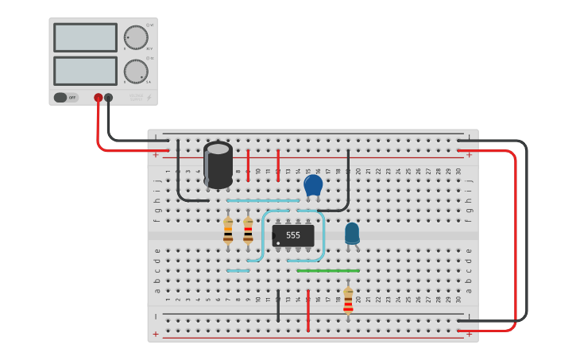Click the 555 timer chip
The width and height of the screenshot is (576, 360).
[x=293, y=235]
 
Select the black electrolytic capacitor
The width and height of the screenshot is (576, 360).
[x=218, y=164]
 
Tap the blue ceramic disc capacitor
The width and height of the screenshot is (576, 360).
[x=313, y=186]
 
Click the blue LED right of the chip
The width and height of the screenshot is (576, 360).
[x=352, y=233]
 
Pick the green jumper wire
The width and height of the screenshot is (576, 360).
[x=327, y=270]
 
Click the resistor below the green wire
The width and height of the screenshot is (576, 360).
[x=348, y=300]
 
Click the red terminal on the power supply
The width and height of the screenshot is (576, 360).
[x=99, y=98]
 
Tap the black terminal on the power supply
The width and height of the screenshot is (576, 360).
[x=109, y=98]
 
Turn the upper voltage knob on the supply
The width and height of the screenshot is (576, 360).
[x=136, y=37]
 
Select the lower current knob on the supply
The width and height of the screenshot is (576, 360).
[x=136, y=71]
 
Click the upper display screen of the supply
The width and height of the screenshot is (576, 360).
[x=85, y=37]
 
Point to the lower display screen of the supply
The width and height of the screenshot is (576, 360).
[x=85, y=71]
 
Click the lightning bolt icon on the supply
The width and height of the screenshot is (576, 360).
[x=147, y=98]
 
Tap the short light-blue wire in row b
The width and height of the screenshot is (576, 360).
[x=238, y=270]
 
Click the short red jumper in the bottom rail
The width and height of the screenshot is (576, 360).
[x=308, y=310]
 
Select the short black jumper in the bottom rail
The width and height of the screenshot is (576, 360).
[x=278, y=306]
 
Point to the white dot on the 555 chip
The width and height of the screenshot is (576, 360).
[x=278, y=242]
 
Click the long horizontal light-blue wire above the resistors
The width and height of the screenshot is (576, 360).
[x=263, y=200]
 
